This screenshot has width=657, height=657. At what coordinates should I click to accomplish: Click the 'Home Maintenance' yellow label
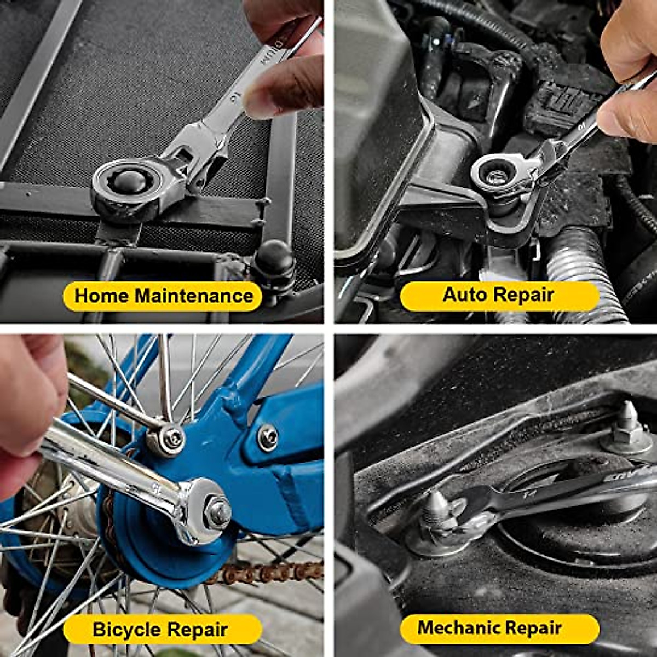163,296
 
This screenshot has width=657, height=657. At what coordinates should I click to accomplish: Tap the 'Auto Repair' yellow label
499,295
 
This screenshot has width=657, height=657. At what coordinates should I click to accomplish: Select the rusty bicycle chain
263,572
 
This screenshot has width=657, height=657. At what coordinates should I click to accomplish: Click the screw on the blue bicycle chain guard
267,437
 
